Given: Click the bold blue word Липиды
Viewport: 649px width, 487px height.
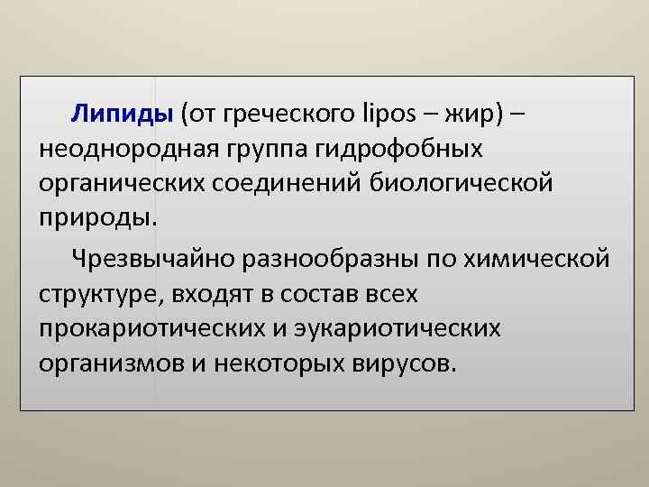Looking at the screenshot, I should click(122, 115).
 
